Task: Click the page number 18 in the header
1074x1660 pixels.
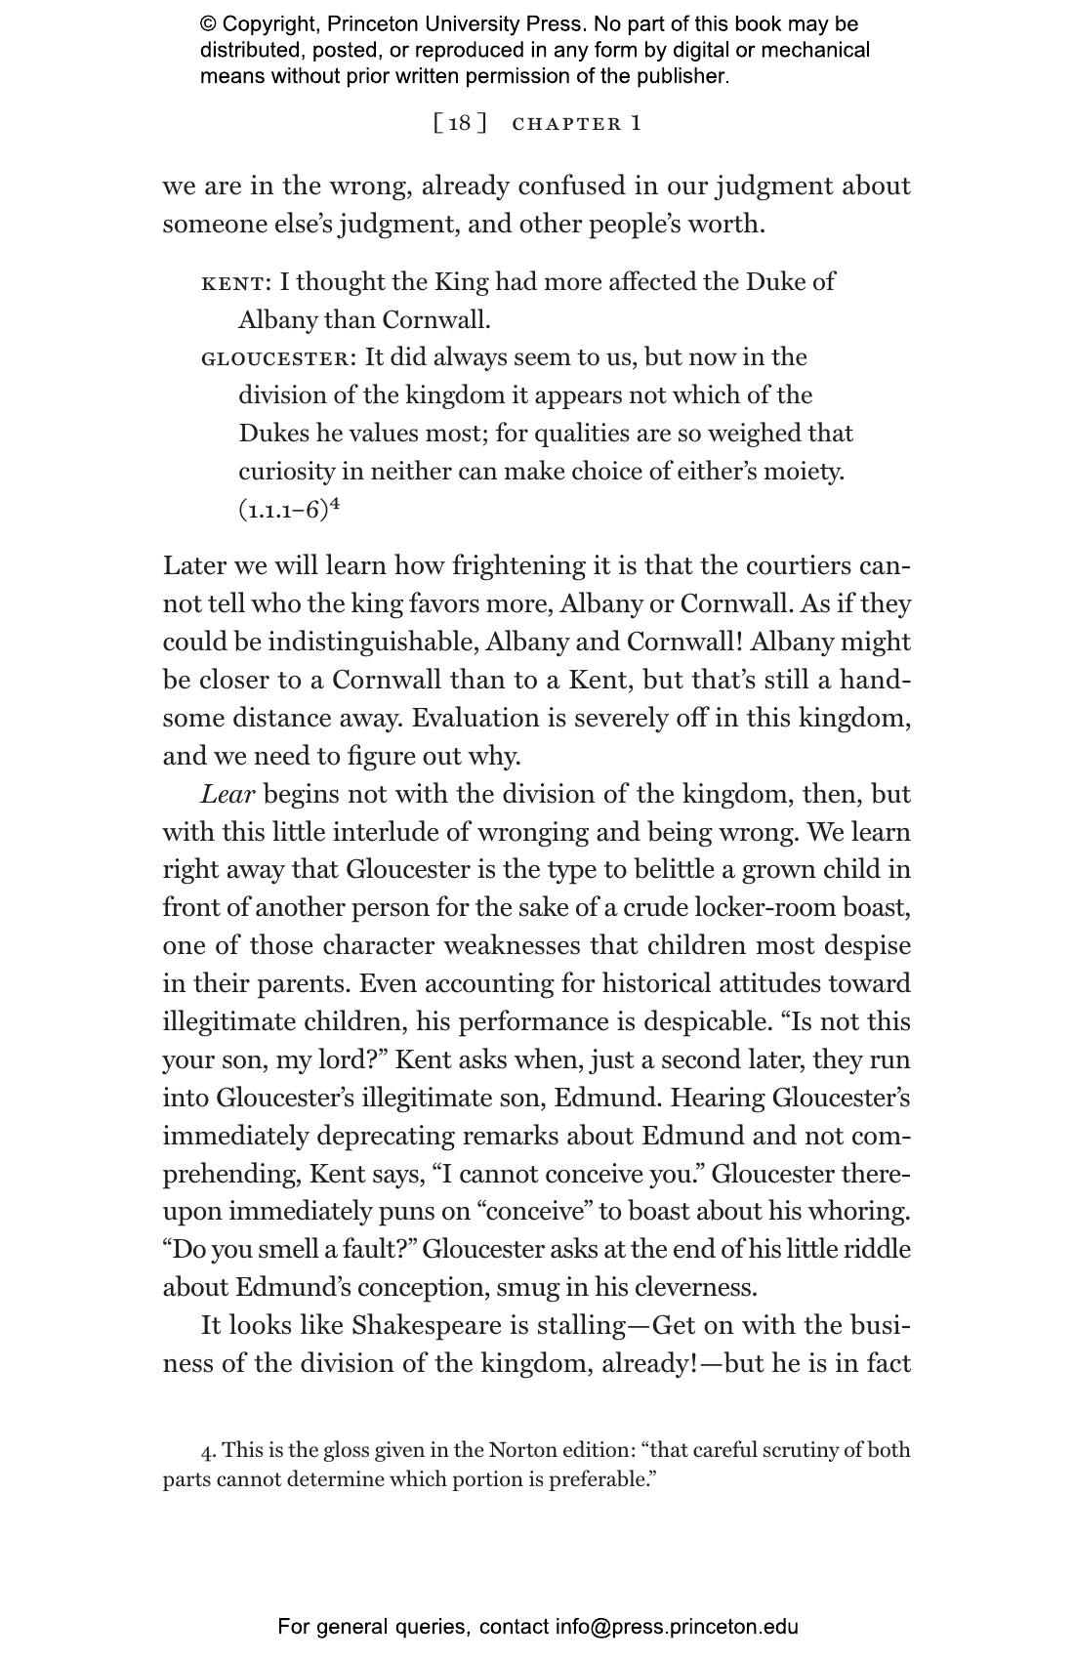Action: (460, 123)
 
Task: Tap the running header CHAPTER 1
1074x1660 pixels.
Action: (577, 123)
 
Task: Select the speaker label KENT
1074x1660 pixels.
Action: (232, 283)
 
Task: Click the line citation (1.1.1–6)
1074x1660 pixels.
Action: (283, 511)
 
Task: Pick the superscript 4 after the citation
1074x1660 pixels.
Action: (334, 505)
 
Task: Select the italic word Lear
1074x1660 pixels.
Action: (227, 794)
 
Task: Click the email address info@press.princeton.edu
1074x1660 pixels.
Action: (677, 1627)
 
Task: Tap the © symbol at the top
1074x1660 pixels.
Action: (208, 24)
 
